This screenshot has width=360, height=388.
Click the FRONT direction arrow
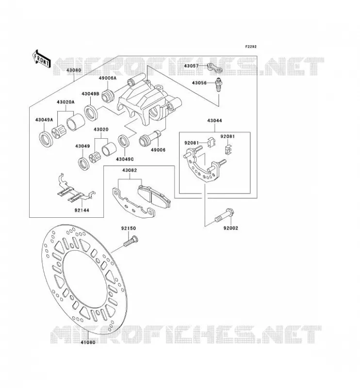[41, 59]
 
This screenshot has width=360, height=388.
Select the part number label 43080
[74, 70]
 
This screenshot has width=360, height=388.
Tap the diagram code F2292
[251, 47]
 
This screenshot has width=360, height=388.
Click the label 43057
[191, 66]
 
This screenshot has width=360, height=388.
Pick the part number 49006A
[107, 78]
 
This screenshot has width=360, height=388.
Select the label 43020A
[65, 102]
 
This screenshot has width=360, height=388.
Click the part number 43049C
[125, 160]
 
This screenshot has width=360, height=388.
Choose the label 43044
[214, 121]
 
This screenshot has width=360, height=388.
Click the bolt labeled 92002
[225, 215]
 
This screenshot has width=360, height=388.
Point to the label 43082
[129, 170]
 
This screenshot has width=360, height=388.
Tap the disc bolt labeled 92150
[131, 241]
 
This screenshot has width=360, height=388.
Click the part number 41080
[88, 342]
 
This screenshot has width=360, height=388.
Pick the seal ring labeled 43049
[83, 163]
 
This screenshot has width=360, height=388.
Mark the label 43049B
[90, 94]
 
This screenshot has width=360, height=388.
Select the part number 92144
[82, 210]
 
